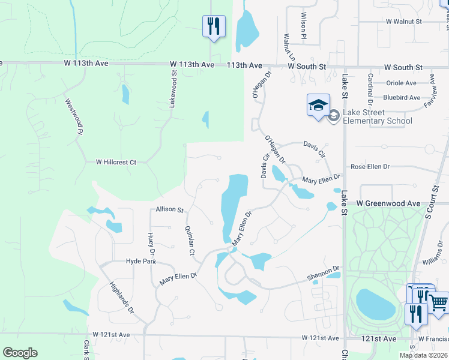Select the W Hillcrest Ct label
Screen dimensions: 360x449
pos(116,162)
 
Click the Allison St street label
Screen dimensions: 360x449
pos(169,209)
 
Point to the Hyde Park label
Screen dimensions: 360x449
pos(140,261)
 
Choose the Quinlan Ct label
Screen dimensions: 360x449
pos(190,240)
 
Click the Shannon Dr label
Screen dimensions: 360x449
pos(324,274)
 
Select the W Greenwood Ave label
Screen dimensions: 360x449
pos(388,204)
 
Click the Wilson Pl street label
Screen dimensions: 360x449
pos(304,27)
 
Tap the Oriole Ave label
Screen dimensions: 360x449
pos(401,83)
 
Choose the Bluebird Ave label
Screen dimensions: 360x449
pos(402,97)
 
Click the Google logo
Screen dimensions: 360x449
pos(20,353)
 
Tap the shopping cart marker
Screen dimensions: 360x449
pos(439,303)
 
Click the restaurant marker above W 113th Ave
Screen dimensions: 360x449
pos(213,26)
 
